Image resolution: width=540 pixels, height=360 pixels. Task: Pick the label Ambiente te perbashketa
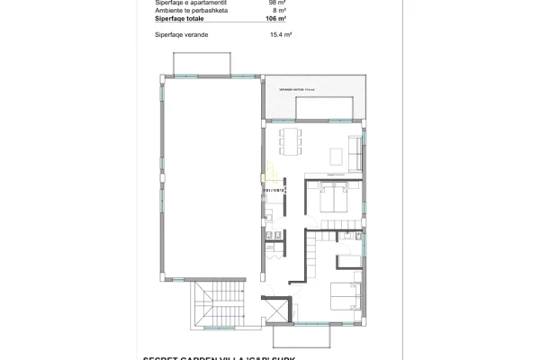click(x=186, y=10)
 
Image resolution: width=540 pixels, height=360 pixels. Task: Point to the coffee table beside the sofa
click(x=336, y=157)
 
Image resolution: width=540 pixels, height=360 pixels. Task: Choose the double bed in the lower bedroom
click(x=343, y=296)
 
